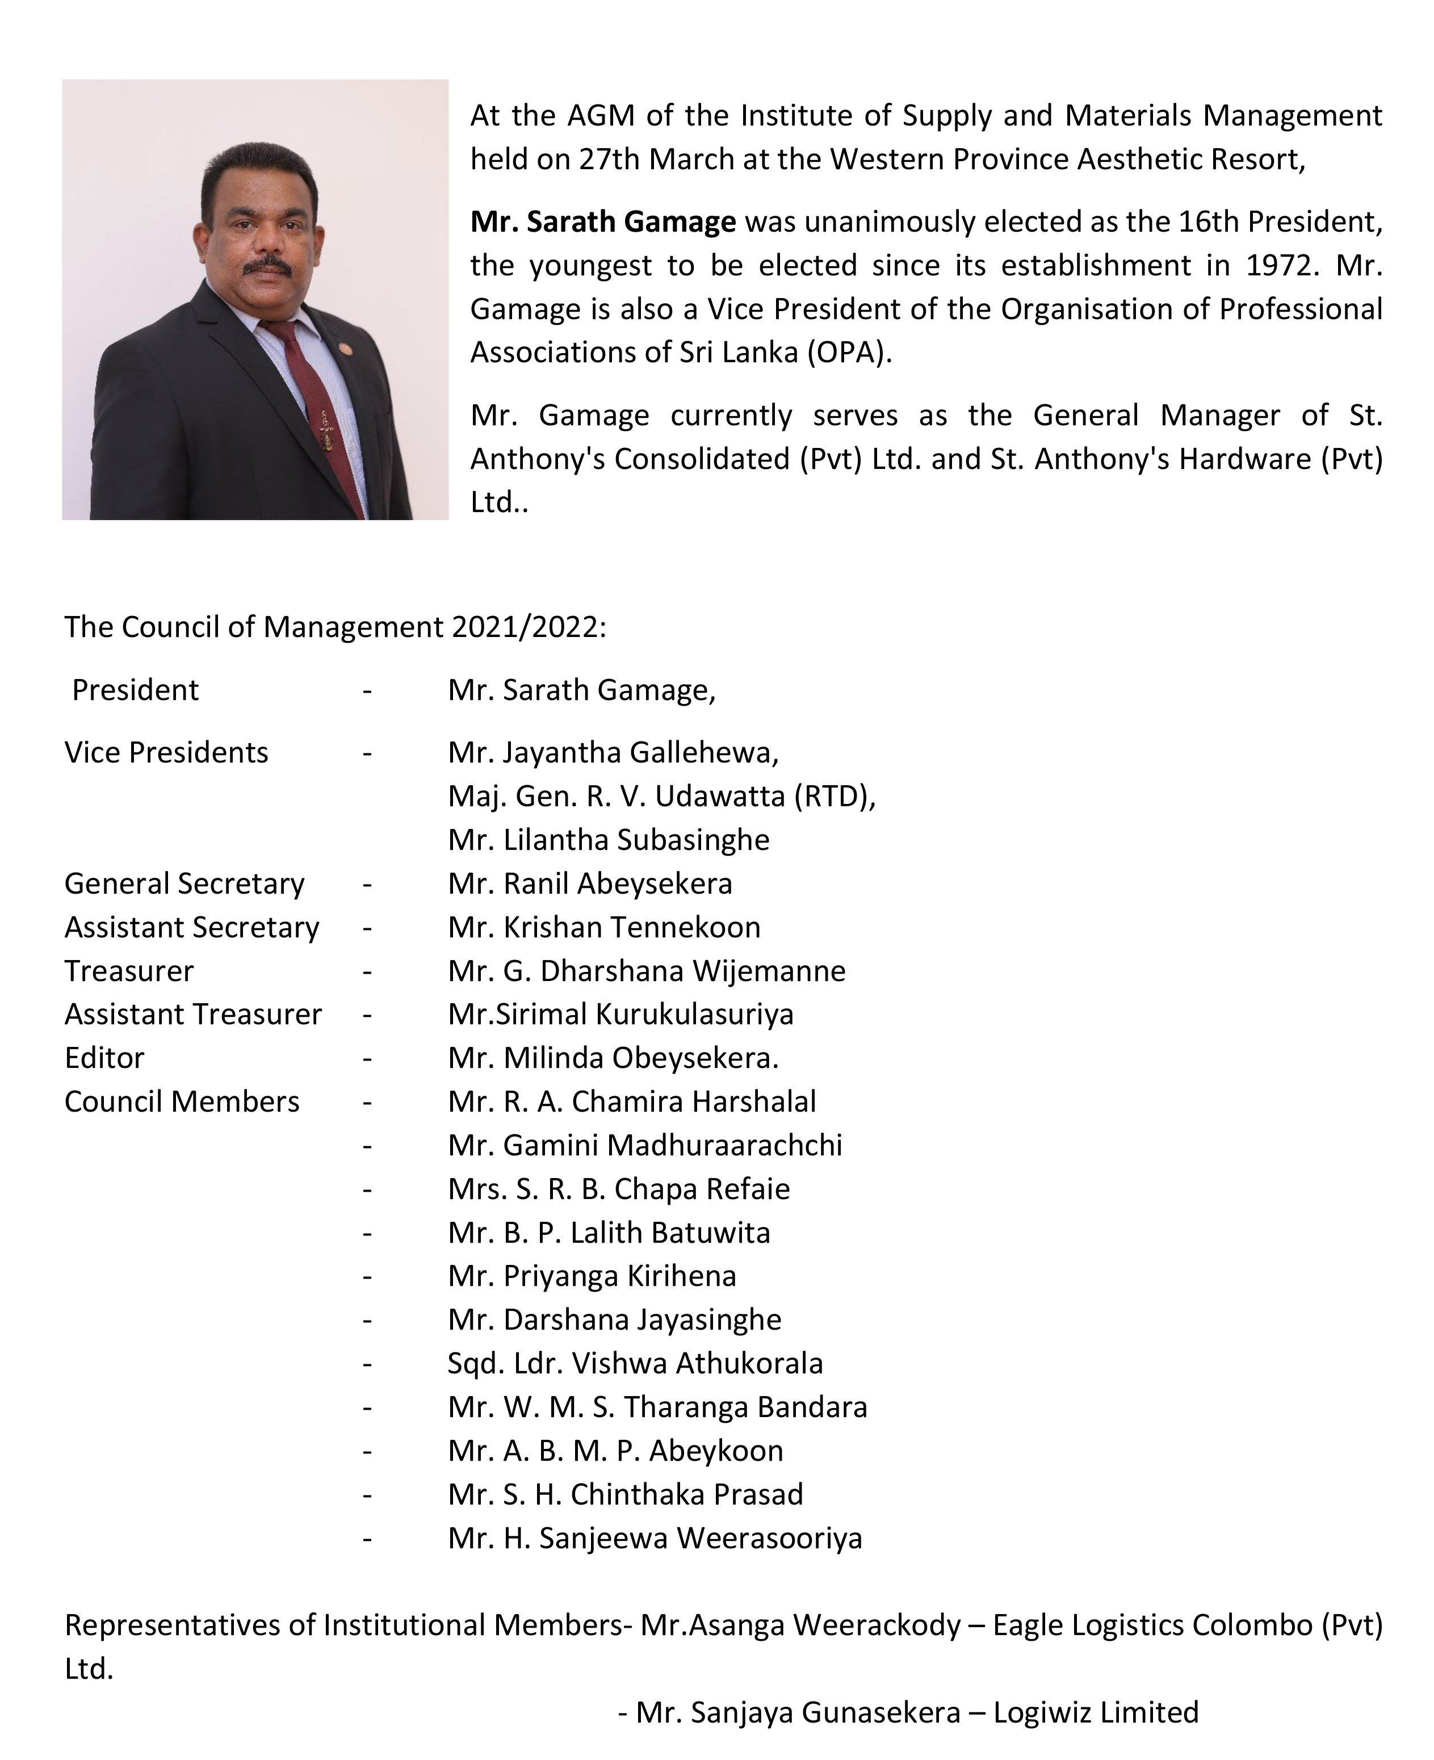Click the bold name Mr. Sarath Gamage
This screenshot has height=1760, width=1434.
(x=602, y=222)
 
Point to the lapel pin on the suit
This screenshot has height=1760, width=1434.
(x=345, y=345)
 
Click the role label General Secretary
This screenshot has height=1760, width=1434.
(x=184, y=884)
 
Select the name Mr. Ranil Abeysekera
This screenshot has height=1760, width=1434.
(x=590, y=884)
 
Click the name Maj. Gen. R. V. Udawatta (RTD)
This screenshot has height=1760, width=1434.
(x=661, y=796)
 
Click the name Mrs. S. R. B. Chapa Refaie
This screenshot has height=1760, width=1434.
(x=618, y=1189)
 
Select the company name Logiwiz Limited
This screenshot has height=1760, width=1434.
(x=1095, y=1713)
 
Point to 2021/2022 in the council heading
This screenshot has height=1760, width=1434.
(x=529, y=628)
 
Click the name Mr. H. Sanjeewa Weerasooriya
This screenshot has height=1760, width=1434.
(x=654, y=1538)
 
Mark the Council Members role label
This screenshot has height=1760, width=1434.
(x=182, y=1102)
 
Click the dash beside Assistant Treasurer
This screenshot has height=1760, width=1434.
(x=367, y=1015)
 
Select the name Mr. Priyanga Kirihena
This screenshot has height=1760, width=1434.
(x=592, y=1276)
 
